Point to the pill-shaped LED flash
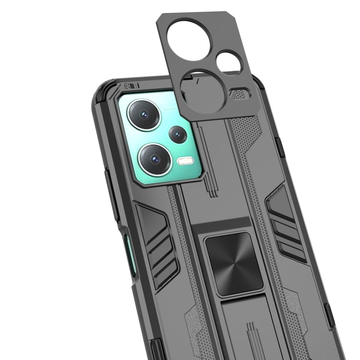[185, 160]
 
